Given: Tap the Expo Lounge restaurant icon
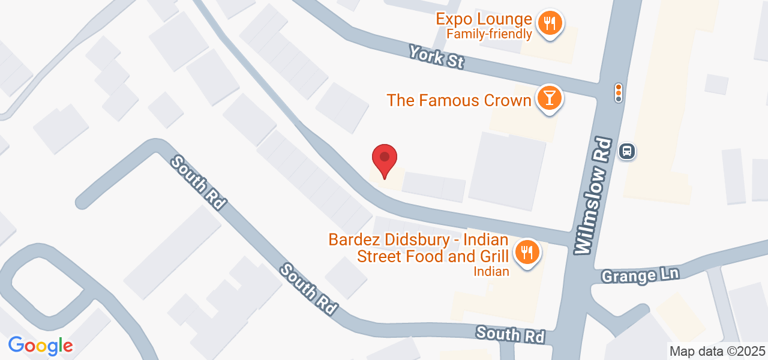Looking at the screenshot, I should click(x=548, y=24).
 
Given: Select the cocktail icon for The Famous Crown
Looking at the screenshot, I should click(x=548, y=98).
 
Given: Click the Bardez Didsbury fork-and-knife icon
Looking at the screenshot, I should click(x=527, y=253).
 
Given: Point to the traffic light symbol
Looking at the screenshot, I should click(x=618, y=92).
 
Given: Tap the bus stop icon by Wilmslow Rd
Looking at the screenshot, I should click(x=627, y=151).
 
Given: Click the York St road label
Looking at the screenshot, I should click(x=436, y=57).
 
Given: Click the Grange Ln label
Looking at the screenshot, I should click(x=640, y=275).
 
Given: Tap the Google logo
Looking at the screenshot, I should click(x=40, y=346).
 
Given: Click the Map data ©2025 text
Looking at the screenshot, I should click(x=717, y=351).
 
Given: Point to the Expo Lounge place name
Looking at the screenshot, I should click(x=484, y=19).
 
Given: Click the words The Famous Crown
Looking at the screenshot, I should click(x=459, y=100).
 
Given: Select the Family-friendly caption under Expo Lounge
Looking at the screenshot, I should click(x=490, y=34).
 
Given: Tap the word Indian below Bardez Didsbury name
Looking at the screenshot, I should click(x=491, y=271).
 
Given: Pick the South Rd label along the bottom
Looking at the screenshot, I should click(x=511, y=335).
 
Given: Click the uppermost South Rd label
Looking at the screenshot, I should click(x=197, y=182).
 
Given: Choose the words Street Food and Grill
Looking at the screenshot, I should click(x=433, y=256).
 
